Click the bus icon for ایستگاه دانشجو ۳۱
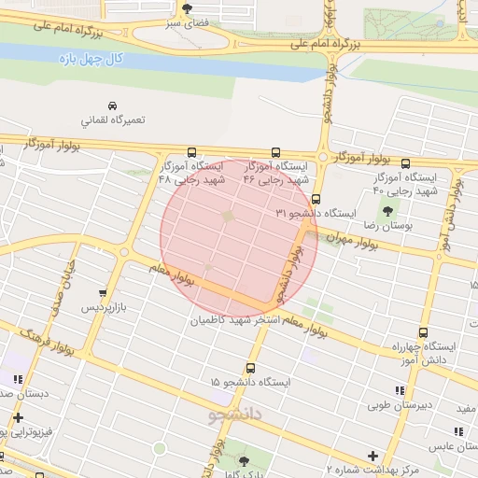click(x=316, y=199)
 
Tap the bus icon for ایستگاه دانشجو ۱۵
click(x=249, y=368)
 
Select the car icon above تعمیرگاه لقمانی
click(x=112, y=105)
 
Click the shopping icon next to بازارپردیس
click(x=103, y=292)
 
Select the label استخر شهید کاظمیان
click(x=239, y=320)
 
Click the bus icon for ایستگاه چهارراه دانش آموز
click(x=423, y=331)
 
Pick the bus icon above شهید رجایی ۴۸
click(x=191, y=152)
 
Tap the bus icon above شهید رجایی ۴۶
click(x=275, y=152)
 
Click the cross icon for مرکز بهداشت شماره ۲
click(x=373, y=456)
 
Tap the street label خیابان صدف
click(x=55, y=290)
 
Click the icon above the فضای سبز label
click(x=188, y=7)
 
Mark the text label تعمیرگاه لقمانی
click(x=111, y=121)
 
